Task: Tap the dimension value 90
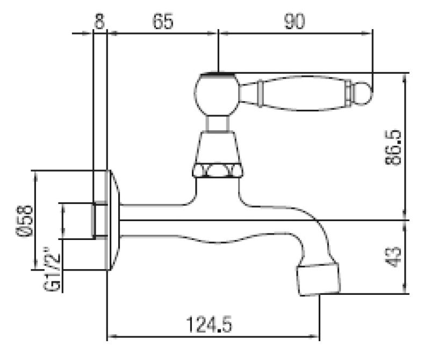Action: point(295,22)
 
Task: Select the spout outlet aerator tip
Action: point(319,277)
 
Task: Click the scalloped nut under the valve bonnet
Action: point(217,171)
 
